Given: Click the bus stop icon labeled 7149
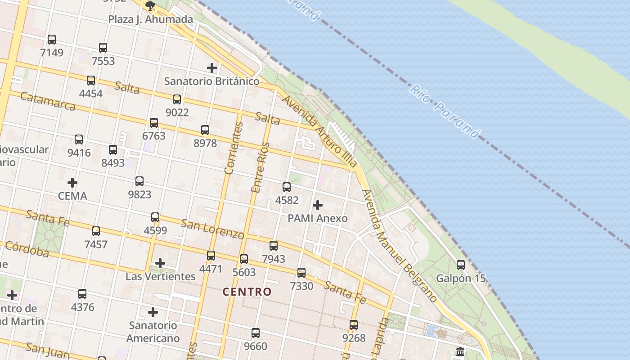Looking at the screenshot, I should [x=52, y=40].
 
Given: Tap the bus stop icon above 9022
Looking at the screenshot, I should [x=177, y=99].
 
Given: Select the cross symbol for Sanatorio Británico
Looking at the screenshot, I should [x=212, y=68].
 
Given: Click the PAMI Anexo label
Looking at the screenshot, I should [x=318, y=218].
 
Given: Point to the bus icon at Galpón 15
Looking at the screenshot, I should [x=461, y=265].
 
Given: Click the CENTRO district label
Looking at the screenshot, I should [x=247, y=292].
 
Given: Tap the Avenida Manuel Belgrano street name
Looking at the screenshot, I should [x=399, y=246].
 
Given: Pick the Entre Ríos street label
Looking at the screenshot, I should [x=260, y=168].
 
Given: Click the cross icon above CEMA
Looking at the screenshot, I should [x=72, y=183].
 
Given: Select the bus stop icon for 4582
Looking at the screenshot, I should [x=287, y=187].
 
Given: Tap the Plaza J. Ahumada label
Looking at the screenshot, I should [x=151, y=19].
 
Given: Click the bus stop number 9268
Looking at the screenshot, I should [x=354, y=338].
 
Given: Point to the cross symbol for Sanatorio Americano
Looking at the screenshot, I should [x=153, y=312].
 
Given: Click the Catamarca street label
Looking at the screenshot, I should [x=48, y=101].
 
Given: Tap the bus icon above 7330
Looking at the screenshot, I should [x=301, y=273].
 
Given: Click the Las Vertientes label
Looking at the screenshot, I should [x=161, y=276].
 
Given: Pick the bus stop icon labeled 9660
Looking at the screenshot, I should [x=256, y=333].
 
